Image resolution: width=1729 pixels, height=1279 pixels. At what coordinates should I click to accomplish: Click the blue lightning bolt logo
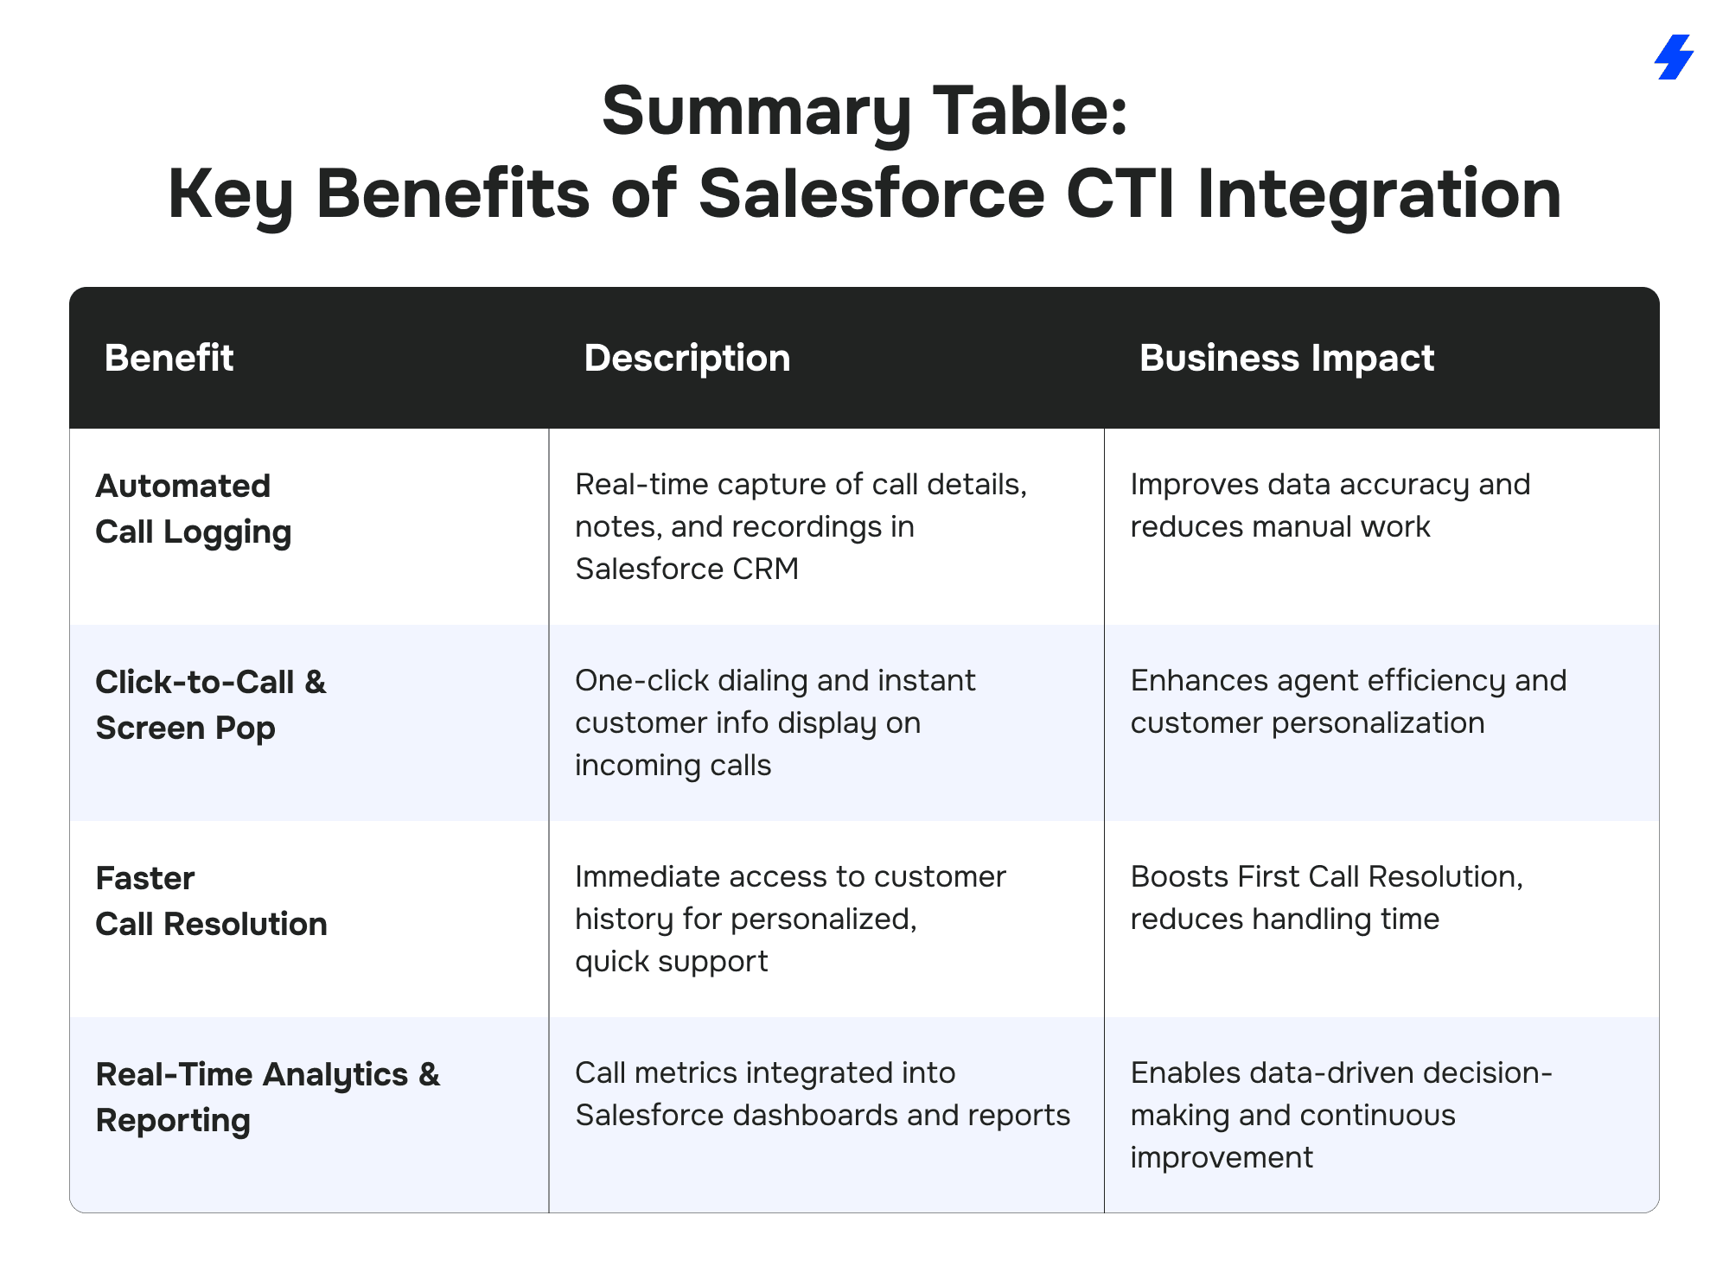tap(1674, 57)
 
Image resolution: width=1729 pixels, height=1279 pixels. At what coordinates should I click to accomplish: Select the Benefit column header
tap(169, 358)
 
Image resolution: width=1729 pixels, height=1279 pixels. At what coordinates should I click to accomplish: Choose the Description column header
tap(687, 358)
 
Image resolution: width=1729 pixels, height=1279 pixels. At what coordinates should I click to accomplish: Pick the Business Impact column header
tap(1286, 358)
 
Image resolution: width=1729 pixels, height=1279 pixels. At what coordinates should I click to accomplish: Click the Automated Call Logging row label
tap(194, 509)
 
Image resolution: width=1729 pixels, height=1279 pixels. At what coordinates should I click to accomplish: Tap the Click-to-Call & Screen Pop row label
tap(211, 705)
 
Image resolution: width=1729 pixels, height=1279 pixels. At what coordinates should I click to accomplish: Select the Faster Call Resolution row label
tap(211, 901)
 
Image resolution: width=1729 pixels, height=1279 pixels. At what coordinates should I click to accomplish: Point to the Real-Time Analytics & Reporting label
tap(268, 1098)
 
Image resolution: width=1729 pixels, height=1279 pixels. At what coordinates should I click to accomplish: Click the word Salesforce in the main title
tap(871, 194)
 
